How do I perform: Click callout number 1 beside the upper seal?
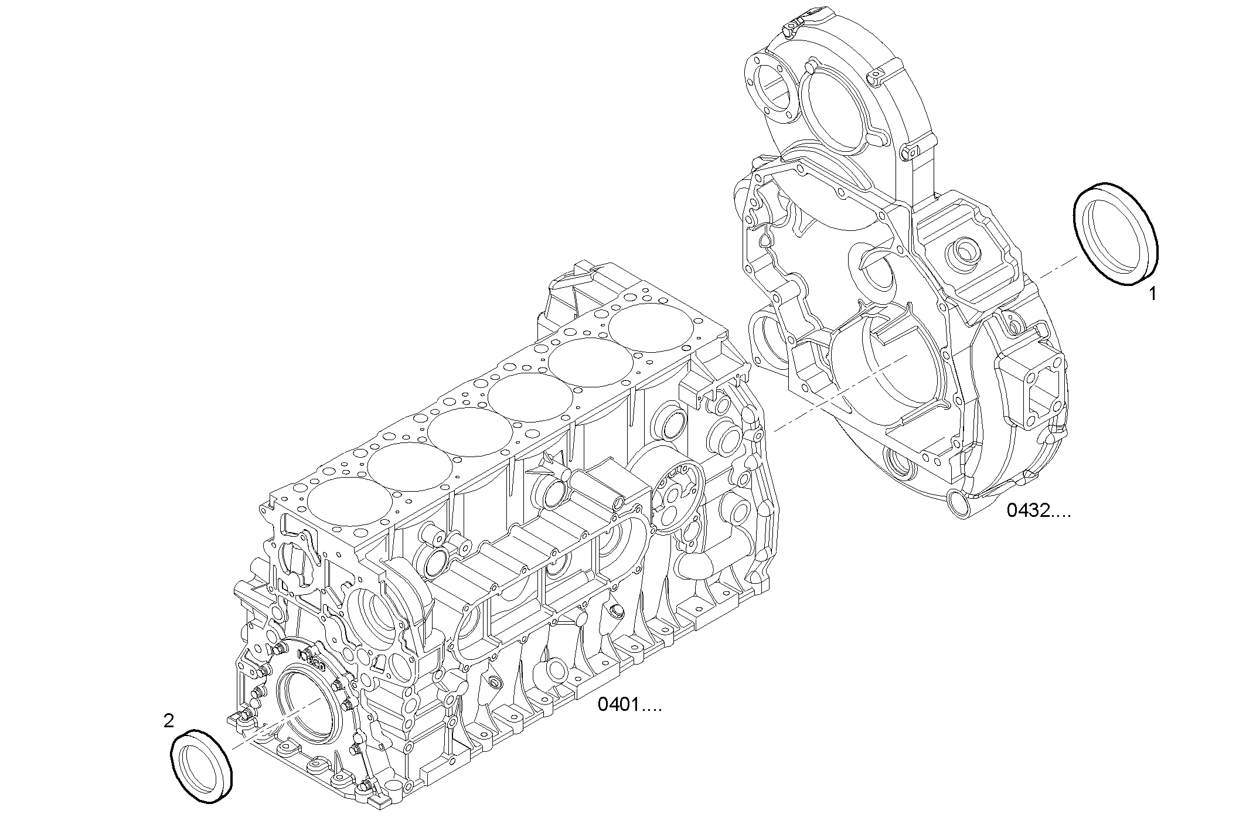pyautogui.click(x=1152, y=294)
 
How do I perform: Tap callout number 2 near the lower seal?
pyautogui.click(x=169, y=721)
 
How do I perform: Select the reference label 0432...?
pyautogui.click(x=1038, y=511)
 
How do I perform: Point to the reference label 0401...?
pyautogui.click(x=629, y=704)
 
